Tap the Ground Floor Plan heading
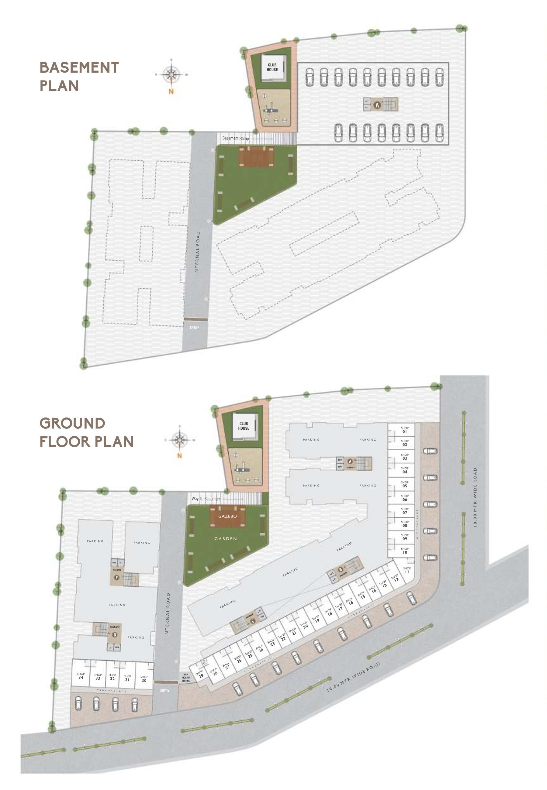coord(86,432)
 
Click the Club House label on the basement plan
coord(272,67)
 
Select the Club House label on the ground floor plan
coord(244,426)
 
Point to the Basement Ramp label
coord(235,138)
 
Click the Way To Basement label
coord(206,499)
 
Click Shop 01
coord(405,430)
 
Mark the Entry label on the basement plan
coord(194,328)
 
